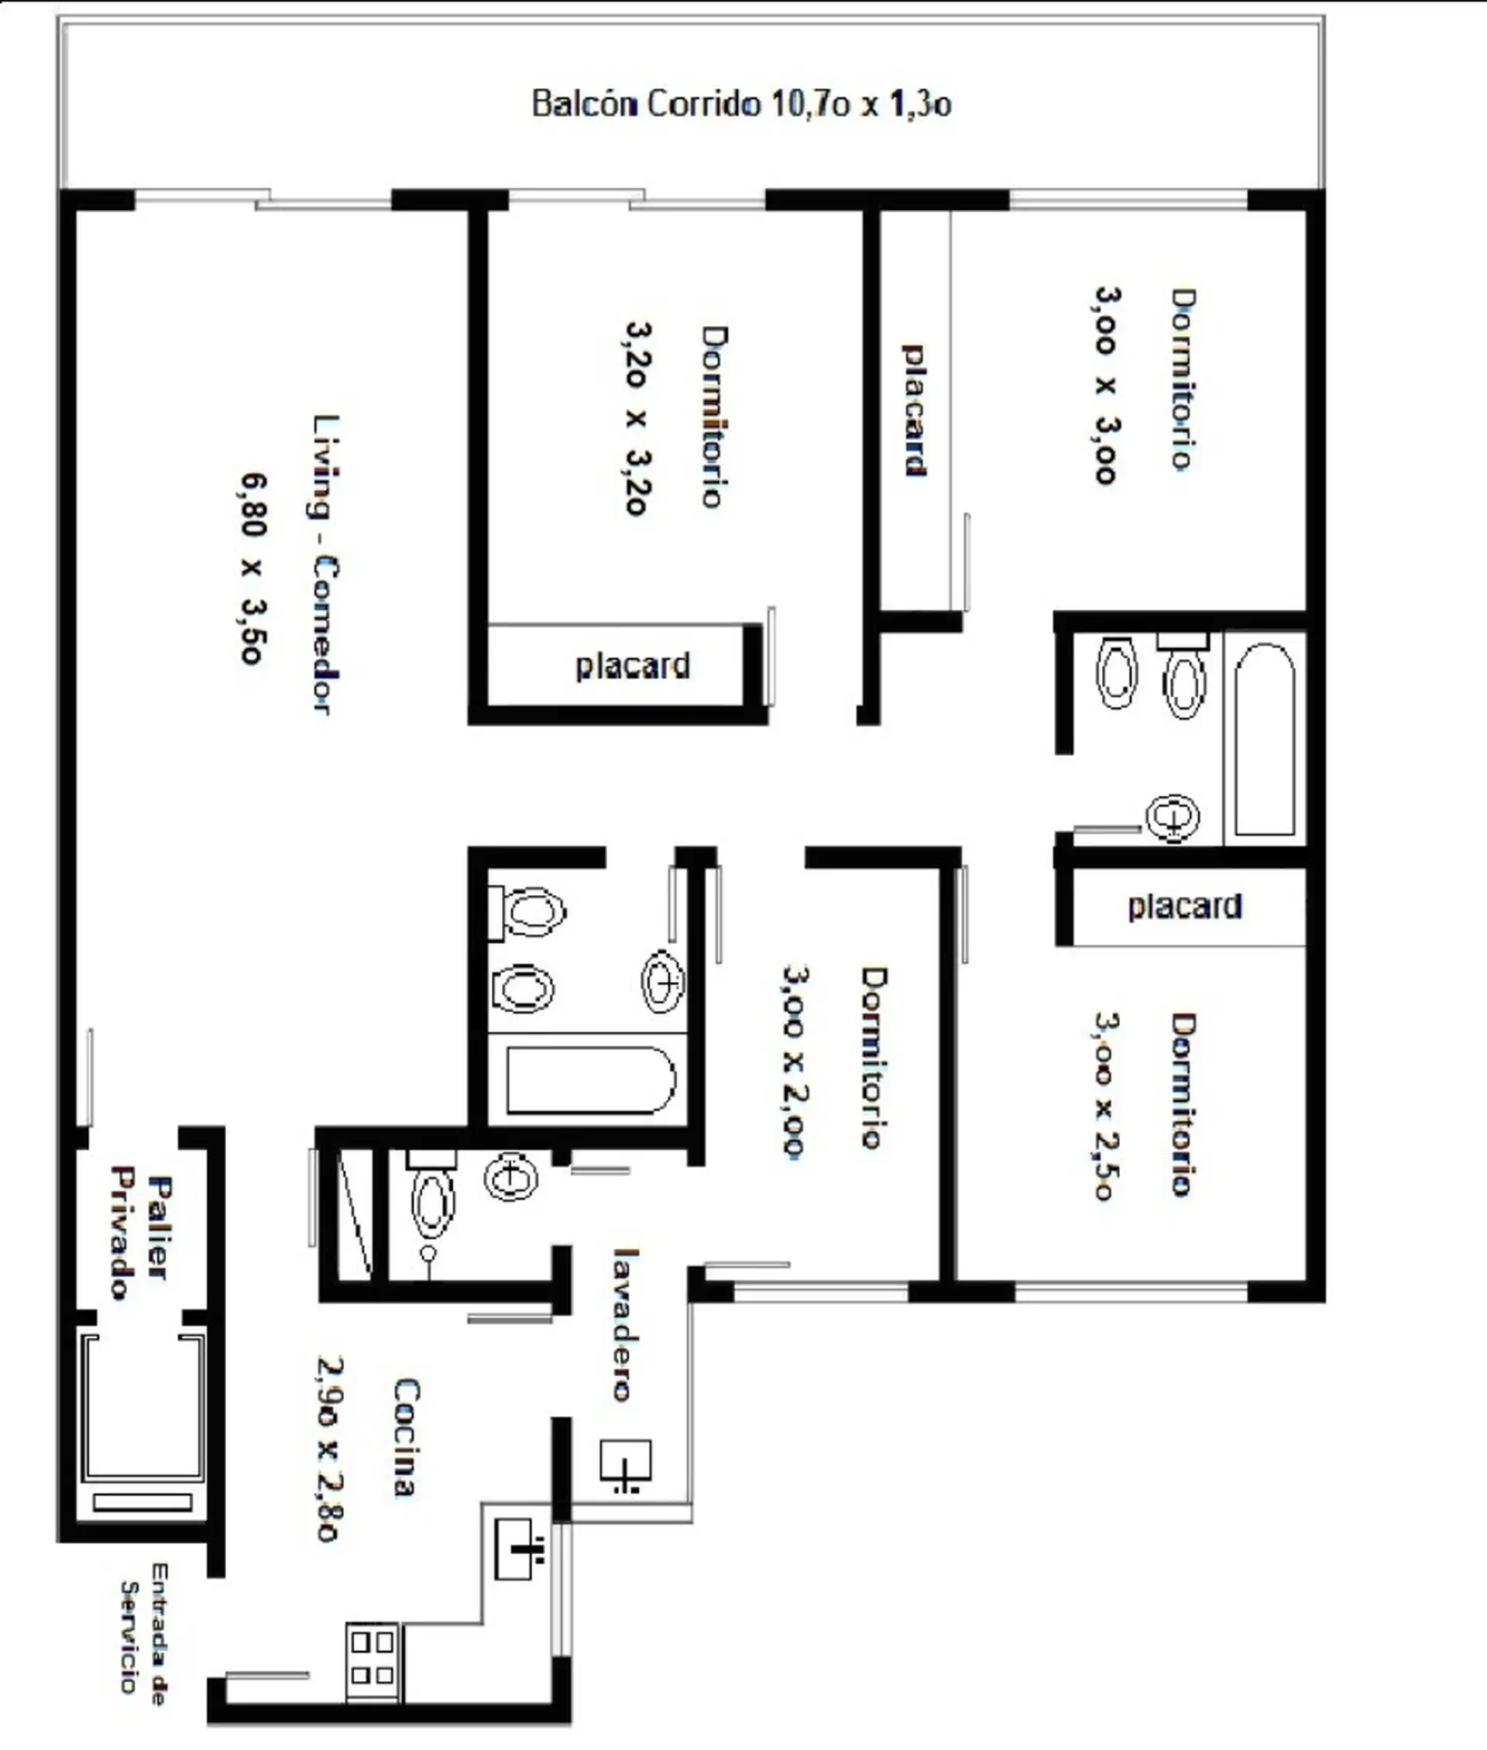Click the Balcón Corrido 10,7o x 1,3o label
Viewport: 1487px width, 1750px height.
[x=742, y=104]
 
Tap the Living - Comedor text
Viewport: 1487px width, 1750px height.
[x=326, y=564]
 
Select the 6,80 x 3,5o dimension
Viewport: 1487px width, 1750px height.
[x=253, y=568]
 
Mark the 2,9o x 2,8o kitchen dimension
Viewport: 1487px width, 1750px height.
[x=330, y=1447]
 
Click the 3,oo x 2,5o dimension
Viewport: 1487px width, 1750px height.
[x=1106, y=1105]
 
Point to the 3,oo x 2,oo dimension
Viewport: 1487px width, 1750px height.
[x=794, y=1062]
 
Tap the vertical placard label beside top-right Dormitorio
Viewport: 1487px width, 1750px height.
[x=915, y=410]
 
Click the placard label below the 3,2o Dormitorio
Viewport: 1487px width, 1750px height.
[x=632, y=667]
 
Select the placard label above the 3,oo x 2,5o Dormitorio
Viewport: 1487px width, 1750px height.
[x=1184, y=906]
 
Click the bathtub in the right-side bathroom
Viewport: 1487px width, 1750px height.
[x=1265, y=739]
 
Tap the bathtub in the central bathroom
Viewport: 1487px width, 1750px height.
[x=591, y=1080]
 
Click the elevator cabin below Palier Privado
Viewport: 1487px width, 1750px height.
[x=143, y=1405]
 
